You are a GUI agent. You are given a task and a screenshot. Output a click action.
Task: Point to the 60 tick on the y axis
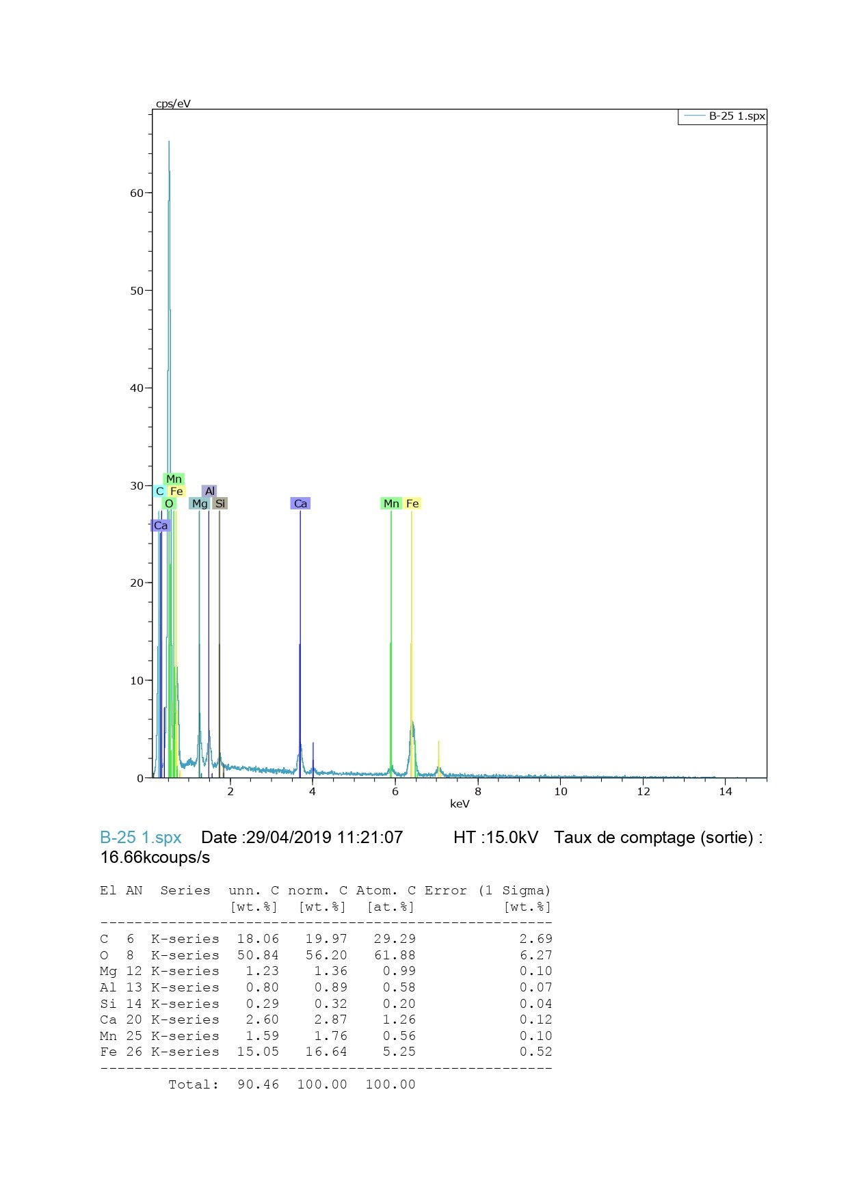click(137, 194)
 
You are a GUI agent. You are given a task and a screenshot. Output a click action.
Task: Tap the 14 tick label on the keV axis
click(726, 792)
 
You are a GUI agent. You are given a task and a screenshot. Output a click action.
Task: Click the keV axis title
click(460, 804)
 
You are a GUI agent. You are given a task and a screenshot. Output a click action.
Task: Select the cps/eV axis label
click(173, 104)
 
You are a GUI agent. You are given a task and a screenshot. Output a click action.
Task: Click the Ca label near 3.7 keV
click(300, 504)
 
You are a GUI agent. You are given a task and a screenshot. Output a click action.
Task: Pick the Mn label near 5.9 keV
click(391, 504)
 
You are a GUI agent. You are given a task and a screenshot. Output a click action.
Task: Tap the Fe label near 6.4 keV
click(412, 504)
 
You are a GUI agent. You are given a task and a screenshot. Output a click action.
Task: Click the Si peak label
click(220, 504)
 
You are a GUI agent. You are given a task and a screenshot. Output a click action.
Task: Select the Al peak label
click(210, 492)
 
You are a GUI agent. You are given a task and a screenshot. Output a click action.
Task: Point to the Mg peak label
click(200, 504)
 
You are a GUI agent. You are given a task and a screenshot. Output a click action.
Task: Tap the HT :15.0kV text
click(495, 838)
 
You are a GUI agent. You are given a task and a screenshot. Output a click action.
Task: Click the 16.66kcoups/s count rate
click(155, 857)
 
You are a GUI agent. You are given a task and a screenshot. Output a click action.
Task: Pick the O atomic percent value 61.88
click(395, 955)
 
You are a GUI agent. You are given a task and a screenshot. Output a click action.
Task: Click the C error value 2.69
click(535, 939)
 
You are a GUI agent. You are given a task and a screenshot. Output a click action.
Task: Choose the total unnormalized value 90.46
click(258, 1084)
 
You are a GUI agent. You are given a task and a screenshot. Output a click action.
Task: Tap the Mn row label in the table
click(108, 1036)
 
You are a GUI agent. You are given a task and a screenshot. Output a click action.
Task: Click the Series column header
click(185, 890)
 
